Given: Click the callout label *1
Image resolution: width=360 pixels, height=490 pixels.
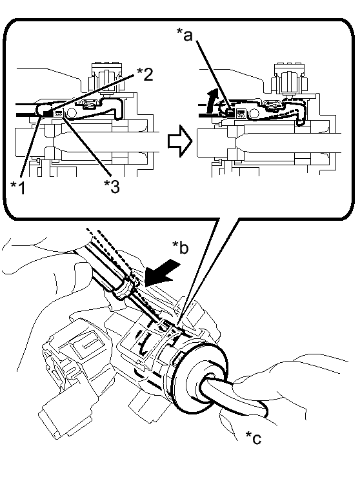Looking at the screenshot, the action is pyautogui.click(x=18, y=187).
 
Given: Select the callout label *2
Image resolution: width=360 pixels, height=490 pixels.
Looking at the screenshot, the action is pyautogui.click(x=145, y=74).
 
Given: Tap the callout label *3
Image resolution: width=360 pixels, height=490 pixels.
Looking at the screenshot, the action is pyautogui.click(x=112, y=187).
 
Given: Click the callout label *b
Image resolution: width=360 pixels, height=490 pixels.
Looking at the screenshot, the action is pyautogui.click(x=181, y=247).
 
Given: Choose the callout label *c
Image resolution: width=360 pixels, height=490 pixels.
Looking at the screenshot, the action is pyautogui.click(x=253, y=437).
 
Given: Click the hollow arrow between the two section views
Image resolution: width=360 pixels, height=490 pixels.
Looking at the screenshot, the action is pyautogui.click(x=179, y=141).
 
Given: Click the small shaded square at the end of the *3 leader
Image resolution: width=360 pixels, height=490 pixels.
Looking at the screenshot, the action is pyautogui.click(x=59, y=114).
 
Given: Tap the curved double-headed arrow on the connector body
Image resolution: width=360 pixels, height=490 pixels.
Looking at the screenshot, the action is pyautogui.click(x=143, y=343).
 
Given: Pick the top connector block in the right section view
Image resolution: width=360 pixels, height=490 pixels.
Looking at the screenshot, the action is pyautogui.click(x=288, y=78).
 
